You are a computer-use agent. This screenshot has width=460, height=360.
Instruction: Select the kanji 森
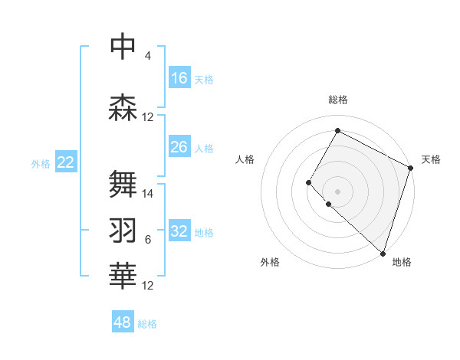point(123,107)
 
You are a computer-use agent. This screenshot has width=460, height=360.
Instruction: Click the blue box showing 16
point(179,78)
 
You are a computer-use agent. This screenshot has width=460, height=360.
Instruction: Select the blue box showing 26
point(179,147)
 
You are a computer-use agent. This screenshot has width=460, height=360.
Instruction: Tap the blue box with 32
point(179,231)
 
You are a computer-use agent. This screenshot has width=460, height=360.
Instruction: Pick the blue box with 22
point(66,162)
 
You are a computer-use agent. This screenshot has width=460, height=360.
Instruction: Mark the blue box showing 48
point(123,322)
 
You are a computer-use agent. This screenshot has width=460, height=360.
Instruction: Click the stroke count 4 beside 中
point(147,56)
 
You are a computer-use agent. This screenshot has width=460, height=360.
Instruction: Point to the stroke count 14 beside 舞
point(148,194)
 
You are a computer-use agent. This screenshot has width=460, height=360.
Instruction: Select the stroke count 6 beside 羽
point(148,240)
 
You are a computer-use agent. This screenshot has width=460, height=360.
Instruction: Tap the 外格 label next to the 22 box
point(41,163)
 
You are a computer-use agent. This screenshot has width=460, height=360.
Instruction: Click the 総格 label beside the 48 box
point(147,324)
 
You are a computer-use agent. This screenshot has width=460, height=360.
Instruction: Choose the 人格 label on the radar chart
point(245,159)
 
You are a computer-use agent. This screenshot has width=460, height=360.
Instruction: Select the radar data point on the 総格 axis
point(337,130)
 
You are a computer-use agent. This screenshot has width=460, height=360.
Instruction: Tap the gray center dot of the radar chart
point(337,191)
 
